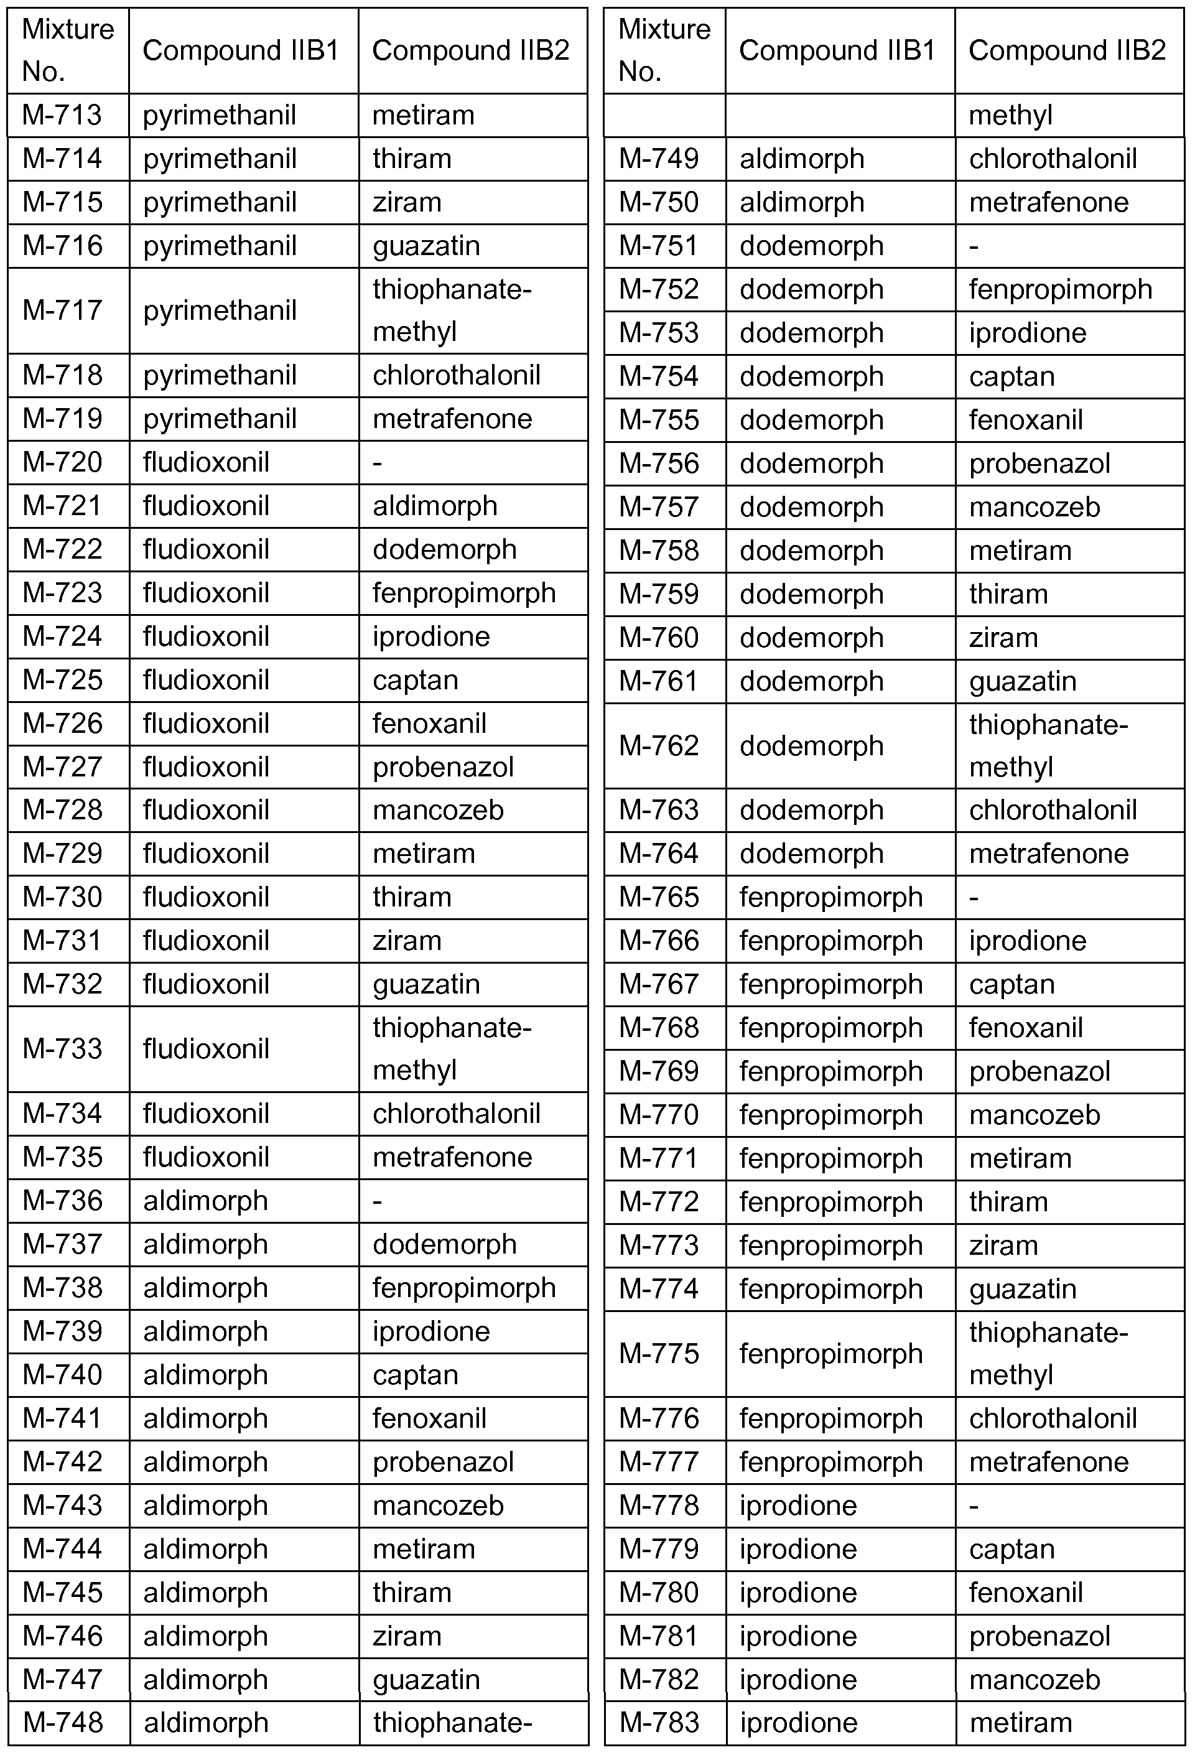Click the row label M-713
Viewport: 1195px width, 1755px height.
tap(62, 115)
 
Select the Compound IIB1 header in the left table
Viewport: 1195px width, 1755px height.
tap(239, 50)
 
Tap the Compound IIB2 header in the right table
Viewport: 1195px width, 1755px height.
tap(1067, 50)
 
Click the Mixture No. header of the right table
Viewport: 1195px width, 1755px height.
tap(664, 50)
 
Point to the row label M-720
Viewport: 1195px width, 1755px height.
tap(62, 462)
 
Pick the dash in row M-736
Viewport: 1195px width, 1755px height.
tap(378, 1201)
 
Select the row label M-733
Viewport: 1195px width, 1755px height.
tap(62, 1048)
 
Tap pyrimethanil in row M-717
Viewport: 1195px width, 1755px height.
tap(220, 310)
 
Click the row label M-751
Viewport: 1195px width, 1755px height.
tap(659, 246)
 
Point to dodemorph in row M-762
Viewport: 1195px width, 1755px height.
tap(812, 746)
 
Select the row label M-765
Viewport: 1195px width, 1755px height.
tap(659, 897)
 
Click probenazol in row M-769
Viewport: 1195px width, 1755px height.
tap(1039, 1071)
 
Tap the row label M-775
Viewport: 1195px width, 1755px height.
tap(659, 1353)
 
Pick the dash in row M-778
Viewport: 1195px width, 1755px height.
tap(974, 1506)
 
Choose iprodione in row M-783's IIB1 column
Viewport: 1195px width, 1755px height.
tap(799, 1723)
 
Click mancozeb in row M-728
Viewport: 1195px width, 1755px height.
tap(438, 809)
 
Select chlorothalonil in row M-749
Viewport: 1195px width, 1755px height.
tap(1053, 159)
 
